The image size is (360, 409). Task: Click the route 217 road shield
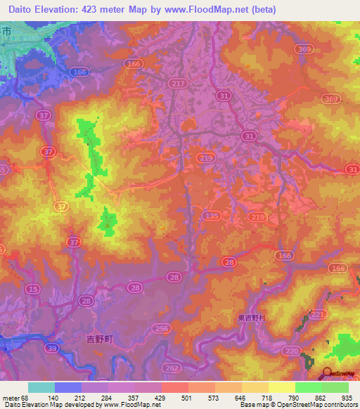tap(178, 83)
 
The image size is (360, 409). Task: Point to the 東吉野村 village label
tap(250, 318)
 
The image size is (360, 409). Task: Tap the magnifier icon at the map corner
tap(328, 374)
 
